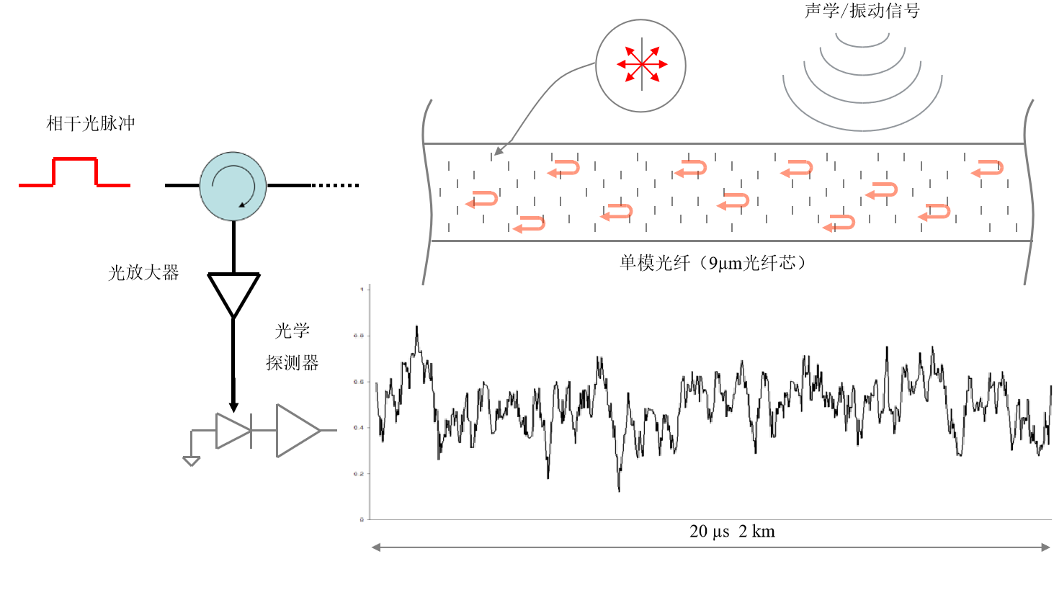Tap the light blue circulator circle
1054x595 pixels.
[x=233, y=186]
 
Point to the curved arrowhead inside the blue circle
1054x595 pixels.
[x=243, y=205]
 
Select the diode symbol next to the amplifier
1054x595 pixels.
[x=233, y=431]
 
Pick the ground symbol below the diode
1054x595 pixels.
[x=191, y=461]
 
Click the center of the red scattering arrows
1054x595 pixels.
[x=641, y=65]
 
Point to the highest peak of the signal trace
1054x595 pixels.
[x=416, y=327]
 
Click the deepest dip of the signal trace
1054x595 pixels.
[x=619, y=490]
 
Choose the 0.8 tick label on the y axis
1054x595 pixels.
[x=359, y=336]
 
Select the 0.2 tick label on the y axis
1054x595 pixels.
[x=359, y=474]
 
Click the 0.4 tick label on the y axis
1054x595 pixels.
[x=359, y=428]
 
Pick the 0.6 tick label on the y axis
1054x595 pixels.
[x=359, y=382]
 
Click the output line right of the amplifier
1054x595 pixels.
[x=329, y=431]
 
